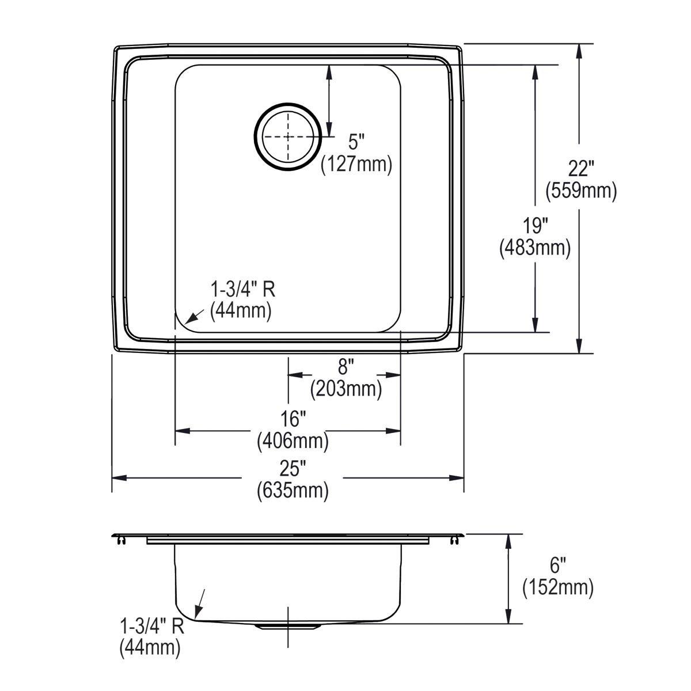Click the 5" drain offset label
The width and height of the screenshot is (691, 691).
coord(356,141)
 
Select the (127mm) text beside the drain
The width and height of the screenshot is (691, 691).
coord(356,164)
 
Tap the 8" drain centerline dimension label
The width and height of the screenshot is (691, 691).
coord(345,366)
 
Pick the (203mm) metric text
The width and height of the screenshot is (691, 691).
coord(345,389)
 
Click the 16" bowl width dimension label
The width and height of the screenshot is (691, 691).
coord(293,419)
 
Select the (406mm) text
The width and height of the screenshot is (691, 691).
coord(293,442)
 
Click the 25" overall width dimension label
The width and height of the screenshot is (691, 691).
coord(293,468)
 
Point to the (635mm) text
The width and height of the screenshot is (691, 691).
coord(293,491)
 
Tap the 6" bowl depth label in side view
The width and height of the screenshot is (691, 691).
coord(557,564)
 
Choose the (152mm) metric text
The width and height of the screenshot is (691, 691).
coord(557,587)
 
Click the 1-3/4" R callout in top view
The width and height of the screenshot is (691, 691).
coord(242,289)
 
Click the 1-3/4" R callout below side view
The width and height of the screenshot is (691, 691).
coord(151,626)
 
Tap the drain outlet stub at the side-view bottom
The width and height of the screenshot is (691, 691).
coord(286,625)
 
